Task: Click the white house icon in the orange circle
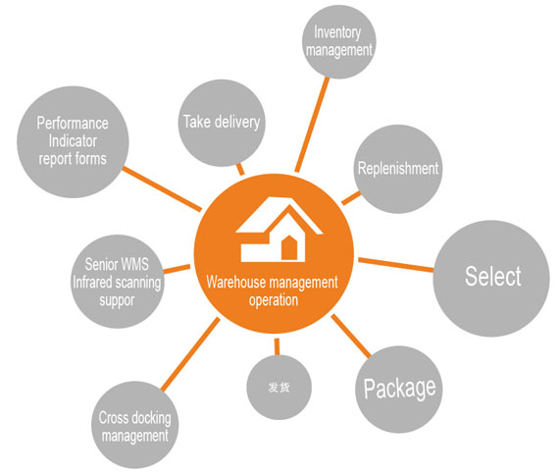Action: pyautogui.click(x=279, y=230)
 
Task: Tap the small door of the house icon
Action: pyautogui.click(x=289, y=247)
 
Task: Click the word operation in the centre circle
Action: pyautogui.click(x=274, y=300)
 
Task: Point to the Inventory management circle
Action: pyautogui.click(x=339, y=42)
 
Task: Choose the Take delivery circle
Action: pyautogui.click(x=222, y=123)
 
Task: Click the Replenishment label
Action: pyautogui.click(x=398, y=169)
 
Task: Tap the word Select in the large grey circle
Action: pyautogui.click(x=492, y=277)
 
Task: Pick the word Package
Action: pyautogui.click(x=399, y=389)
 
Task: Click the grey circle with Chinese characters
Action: pyautogui.click(x=279, y=387)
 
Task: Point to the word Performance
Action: pyautogui.click(x=73, y=124)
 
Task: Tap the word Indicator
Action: pyautogui.click(x=73, y=141)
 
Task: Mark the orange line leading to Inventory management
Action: pyautogui.click(x=312, y=125)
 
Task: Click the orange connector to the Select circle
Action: pyautogui.click(x=396, y=265)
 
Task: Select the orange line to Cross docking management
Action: pyautogui.click(x=190, y=354)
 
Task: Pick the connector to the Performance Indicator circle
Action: pyautogui.click(x=162, y=188)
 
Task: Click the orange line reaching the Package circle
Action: pyautogui.click(x=351, y=336)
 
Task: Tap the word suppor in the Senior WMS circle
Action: pyautogui.click(x=117, y=300)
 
